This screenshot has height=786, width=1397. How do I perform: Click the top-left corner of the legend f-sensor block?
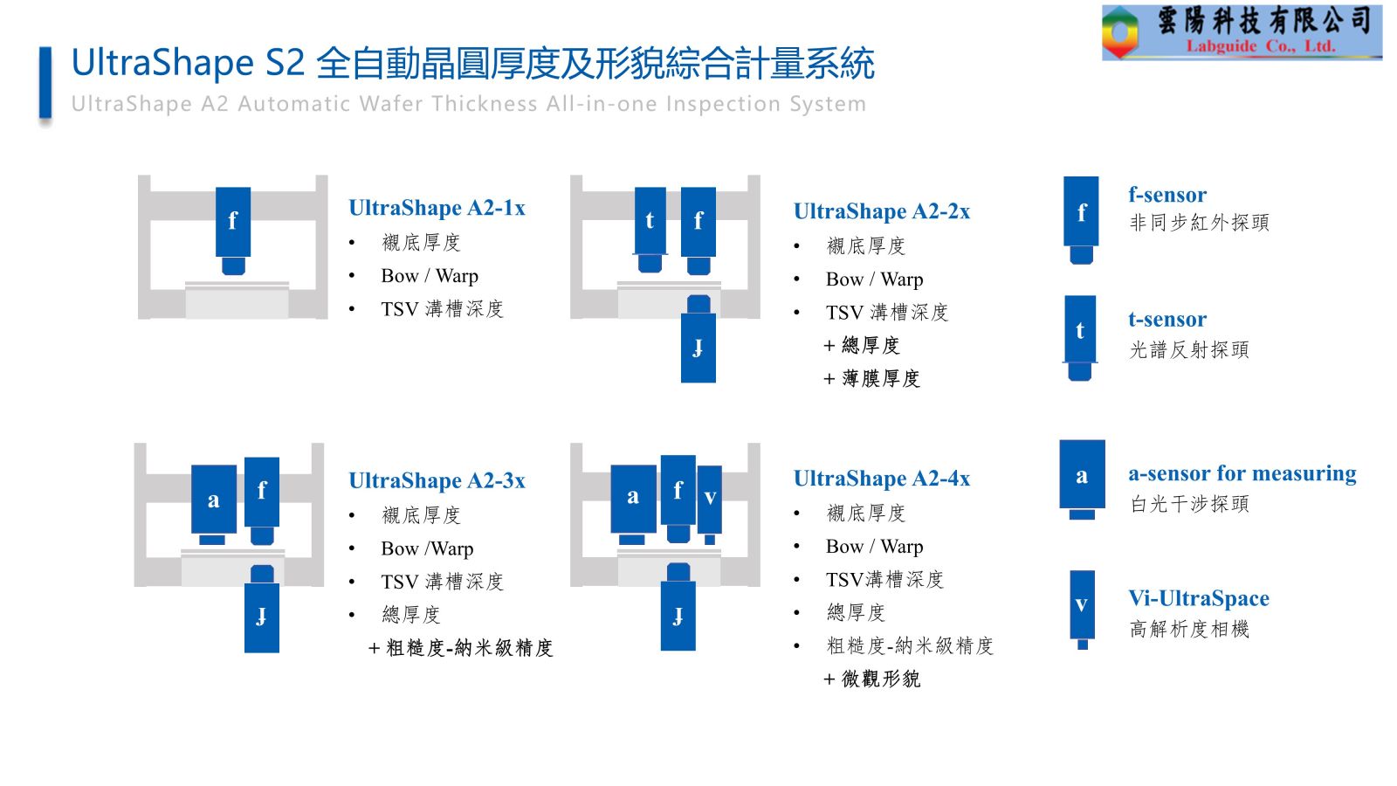click(x=1064, y=177)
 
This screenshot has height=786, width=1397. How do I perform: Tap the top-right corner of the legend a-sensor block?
click(x=1105, y=440)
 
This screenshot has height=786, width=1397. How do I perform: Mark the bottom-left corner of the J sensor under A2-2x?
click(x=681, y=383)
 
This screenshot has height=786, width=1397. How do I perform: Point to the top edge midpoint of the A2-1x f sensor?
click(x=233, y=188)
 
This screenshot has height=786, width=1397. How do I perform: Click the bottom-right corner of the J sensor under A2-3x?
click(x=279, y=652)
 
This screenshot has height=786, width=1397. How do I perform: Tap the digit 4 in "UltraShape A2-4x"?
click(x=951, y=479)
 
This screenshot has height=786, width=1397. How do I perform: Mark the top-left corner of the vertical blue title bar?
click(x=39, y=47)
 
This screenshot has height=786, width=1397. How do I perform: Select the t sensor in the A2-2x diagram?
click(x=650, y=231)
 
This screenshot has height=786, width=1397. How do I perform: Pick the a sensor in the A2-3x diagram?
click(x=214, y=505)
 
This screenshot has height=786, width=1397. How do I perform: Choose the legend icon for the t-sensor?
click(x=1080, y=338)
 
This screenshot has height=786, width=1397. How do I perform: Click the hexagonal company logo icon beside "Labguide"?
click(x=1121, y=32)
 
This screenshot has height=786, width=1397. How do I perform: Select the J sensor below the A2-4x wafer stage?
click(x=678, y=607)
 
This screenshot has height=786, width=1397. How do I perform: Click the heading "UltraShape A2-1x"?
click(x=437, y=208)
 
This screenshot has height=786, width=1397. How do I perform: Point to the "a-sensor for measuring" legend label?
click(x=1242, y=473)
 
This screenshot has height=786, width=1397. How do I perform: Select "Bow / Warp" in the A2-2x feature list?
click(x=874, y=279)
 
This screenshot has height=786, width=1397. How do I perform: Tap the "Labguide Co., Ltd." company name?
click(x=1261, y=46)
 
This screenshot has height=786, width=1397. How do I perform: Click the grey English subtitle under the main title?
click(x=469, y=104)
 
